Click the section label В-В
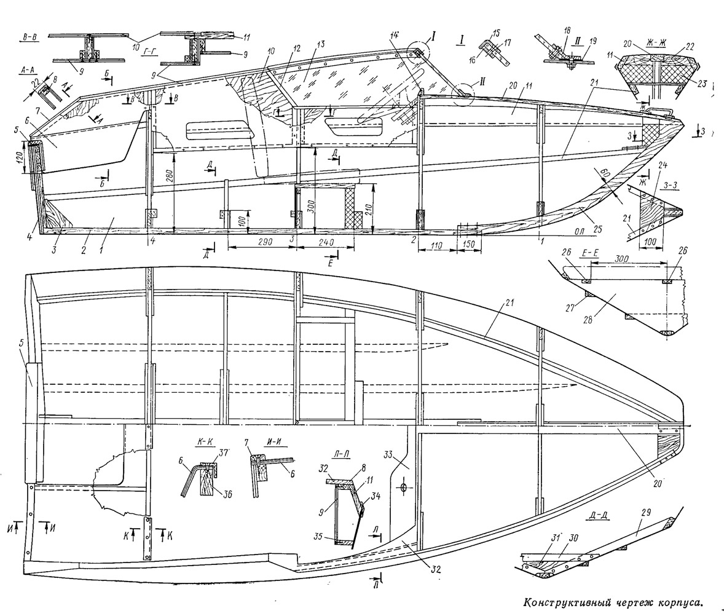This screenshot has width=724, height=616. (x=27, y=37)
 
